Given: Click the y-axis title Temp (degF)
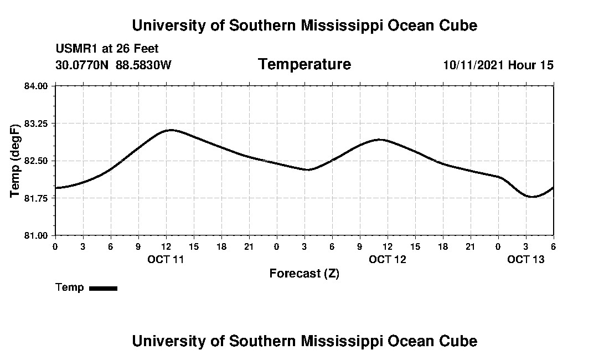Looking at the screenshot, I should click(16, 161).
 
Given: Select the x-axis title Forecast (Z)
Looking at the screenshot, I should click(304, 273).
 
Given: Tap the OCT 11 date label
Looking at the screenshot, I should click(166, 259).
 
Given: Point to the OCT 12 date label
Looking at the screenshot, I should click(387, 259).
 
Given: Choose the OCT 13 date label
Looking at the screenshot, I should click(525, 259).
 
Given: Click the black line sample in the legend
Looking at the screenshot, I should click(103, 288).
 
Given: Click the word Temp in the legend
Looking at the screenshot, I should click(70, 287).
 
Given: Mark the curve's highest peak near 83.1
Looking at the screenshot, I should click(171, 130).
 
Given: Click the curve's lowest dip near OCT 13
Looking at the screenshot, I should click(532, 197).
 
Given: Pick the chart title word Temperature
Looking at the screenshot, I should click(304, 64).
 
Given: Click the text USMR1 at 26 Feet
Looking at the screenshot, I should click(107, 49).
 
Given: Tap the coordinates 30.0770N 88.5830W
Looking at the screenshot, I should click(113, 65).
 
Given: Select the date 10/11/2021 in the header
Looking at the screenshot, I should click(473, 65).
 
